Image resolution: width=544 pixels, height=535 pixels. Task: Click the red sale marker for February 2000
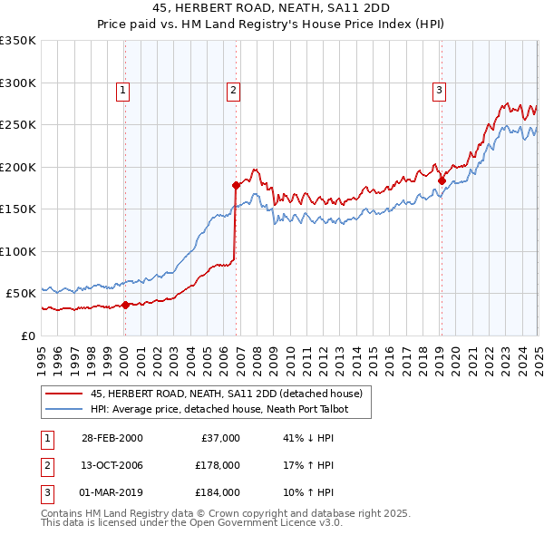126,305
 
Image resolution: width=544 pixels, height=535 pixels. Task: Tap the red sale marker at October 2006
236,185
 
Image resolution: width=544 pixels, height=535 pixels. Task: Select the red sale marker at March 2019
442,180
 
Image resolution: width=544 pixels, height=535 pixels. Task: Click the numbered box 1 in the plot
122,89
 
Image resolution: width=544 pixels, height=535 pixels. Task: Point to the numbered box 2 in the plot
233,89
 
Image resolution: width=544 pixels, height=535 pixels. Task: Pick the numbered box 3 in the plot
438,89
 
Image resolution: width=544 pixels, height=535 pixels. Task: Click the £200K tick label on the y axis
18,167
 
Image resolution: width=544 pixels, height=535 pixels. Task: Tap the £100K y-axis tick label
18,251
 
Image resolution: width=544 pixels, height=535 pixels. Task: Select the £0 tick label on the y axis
27,336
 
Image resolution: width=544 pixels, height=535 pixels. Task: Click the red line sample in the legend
63,394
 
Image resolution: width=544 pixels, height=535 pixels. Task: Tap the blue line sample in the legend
63,409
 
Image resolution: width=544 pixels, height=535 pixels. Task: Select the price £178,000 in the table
218,465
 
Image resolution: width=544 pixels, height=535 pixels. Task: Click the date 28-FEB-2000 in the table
112,438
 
